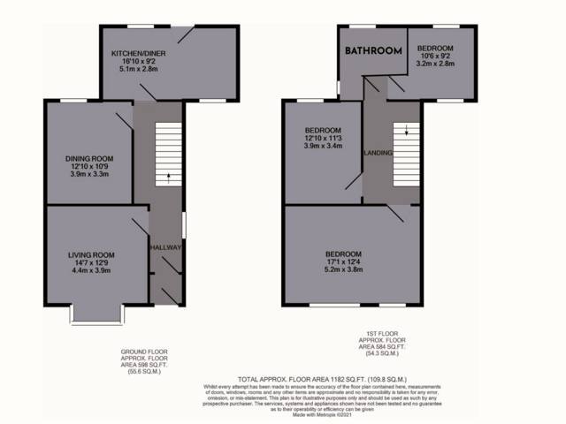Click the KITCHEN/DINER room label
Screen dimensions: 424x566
pos(138,54)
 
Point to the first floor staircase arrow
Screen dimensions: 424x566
pos(407,132)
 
